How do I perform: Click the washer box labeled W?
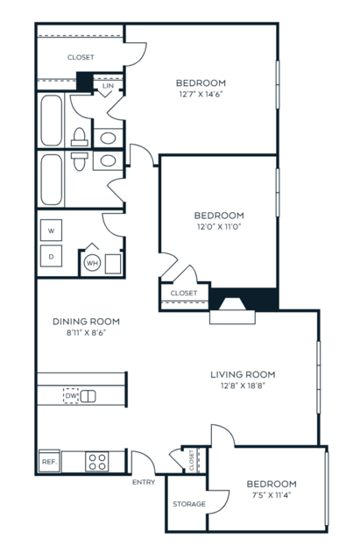click(x=51, y=230)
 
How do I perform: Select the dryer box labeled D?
click(x=51, y=256)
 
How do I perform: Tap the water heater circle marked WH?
click(x=92, y=263)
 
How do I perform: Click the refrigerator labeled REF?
click(x=49, y=462)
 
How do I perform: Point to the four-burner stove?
click(x=96, y=462)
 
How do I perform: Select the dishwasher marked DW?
click(x=71, y=396)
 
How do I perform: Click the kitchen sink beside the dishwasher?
click(x=88, y=396)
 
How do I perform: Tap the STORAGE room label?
click(x=189, y=504)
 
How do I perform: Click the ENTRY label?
click(x=144, y=482)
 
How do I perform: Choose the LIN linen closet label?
click(x=108, y=86)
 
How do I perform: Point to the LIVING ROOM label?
click(x=243, y=374)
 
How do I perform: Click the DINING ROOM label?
click(x=86, y=322)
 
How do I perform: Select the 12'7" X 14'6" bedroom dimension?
click(x=201, y=95)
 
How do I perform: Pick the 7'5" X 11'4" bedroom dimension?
click(x=272, y=495)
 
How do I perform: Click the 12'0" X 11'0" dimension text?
click(x=219, y=226)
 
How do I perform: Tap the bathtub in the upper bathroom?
click(x=52, y=120)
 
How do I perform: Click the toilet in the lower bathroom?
click(x=79, y=161)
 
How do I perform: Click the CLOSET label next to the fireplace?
click(x=184, y=294)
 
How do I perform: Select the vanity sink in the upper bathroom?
click(x=108, y=138)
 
